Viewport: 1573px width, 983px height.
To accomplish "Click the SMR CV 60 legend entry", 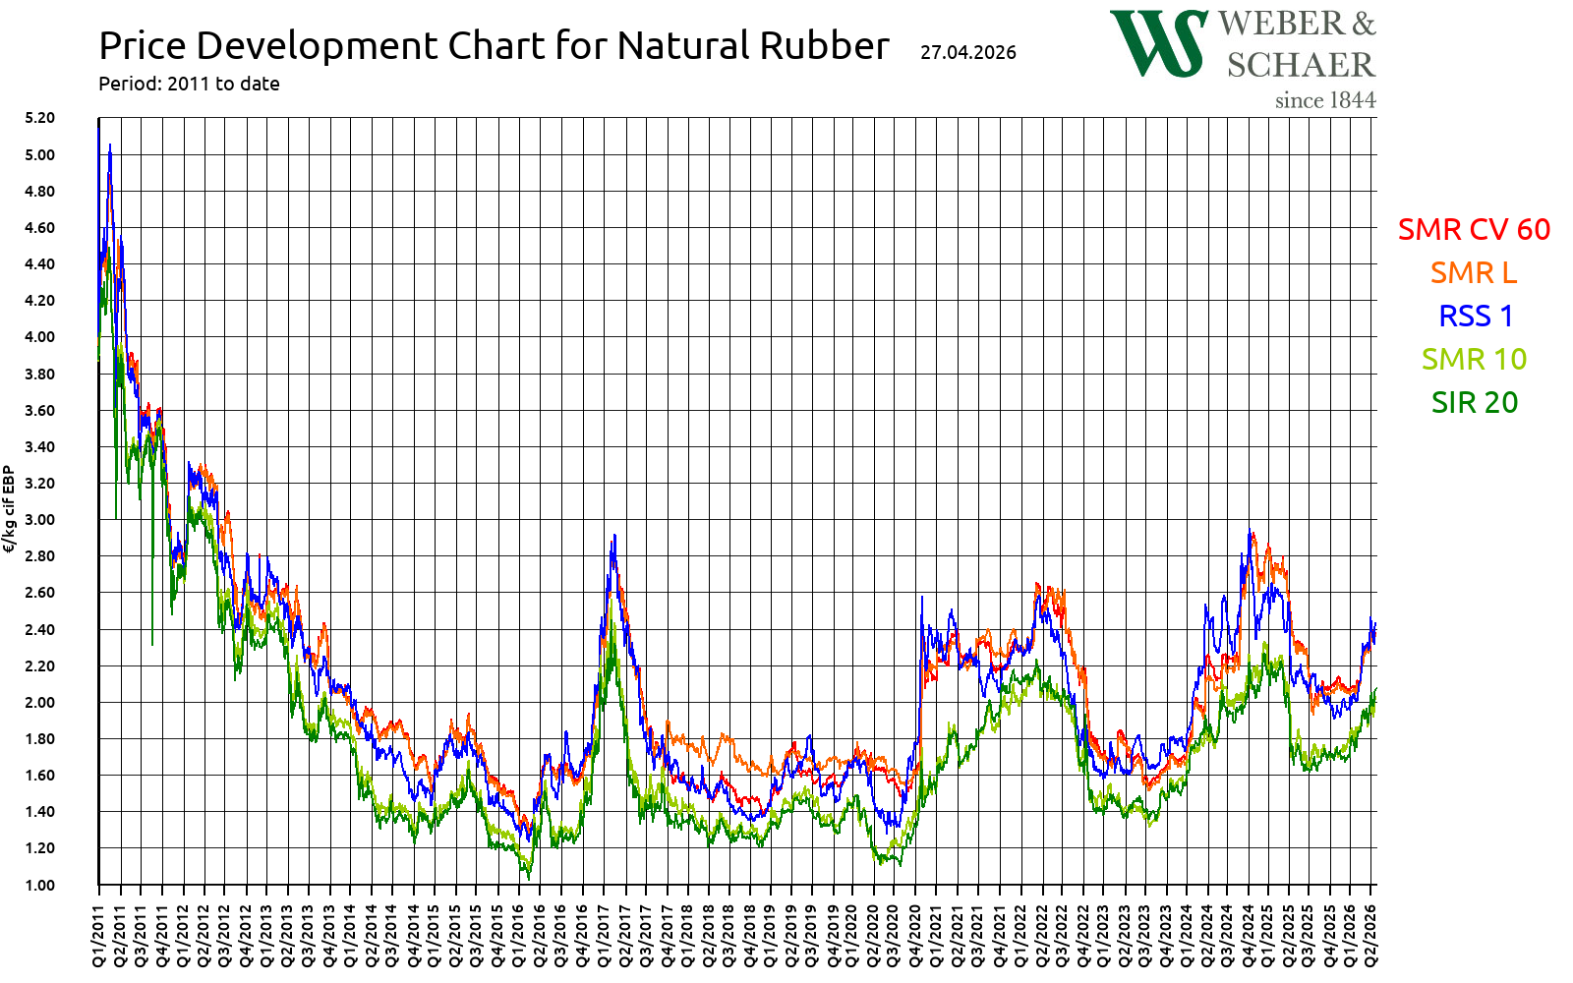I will (x=1473, y=229).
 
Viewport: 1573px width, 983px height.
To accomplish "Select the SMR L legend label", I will (x=1473, y=272).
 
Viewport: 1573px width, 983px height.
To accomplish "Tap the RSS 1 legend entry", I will (x=1475, y=316).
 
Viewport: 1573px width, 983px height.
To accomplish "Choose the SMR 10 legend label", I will (x=1474, y=359).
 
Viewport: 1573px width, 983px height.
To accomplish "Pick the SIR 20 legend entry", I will (x=1474, y=402).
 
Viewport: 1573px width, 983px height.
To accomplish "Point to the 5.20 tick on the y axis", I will (x=39, y=118).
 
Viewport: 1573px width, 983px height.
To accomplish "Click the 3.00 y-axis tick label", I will (x=39, y=519).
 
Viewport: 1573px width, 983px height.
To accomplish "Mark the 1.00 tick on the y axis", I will (x=39, y=885).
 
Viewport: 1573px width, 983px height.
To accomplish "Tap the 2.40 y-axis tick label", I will (x=39, y=629).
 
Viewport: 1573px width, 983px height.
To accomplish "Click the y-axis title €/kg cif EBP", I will (x=10, y=509).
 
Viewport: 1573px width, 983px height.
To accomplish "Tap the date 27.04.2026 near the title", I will (x=967, y=52).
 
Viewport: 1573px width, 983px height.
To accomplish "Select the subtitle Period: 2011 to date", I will (x=189, y=84).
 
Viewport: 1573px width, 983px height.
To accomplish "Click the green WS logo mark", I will (x=1158, y=43).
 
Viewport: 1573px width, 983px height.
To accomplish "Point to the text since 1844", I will (x=1324, y=100).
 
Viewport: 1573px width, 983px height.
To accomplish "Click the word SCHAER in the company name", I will (x=1300, y=65).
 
